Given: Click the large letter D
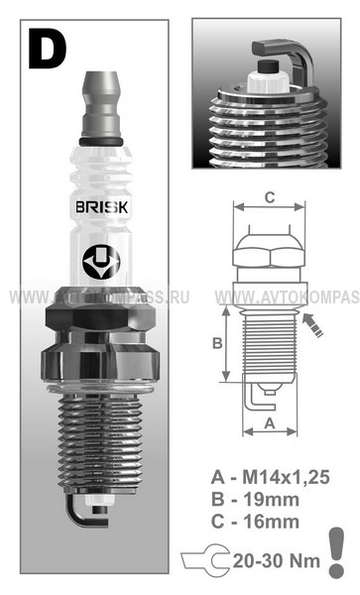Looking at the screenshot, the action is click(x=47, y=49).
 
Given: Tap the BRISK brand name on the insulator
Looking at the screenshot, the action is click(x=102, y=207).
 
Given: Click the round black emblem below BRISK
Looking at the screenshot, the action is click(x=101, y=262).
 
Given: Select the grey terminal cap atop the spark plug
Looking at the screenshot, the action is click(x=101, y=103).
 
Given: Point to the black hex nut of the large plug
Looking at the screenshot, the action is click(x=100, y=318).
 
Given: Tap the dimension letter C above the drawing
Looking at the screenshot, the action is click(x=270, y=197).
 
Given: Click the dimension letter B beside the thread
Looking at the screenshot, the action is click(x=217, y=343).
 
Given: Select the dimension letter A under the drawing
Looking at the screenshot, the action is click(x=270, y=423).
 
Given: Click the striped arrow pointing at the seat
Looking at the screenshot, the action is click(x=312, y=325).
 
